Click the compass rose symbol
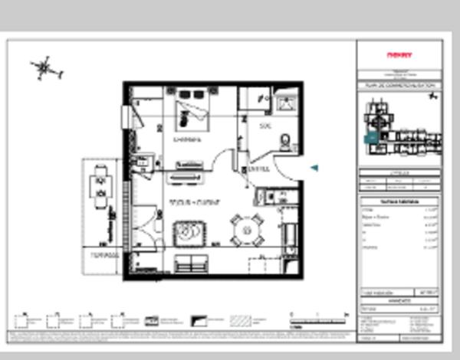[x=45, y=69]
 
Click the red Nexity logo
[x=399, y=55]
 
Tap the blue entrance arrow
[x=314, y=168]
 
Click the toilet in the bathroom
[x=285, y=142]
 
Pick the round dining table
[x=246, y=227]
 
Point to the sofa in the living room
[x=190, y=263]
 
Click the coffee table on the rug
[x=187, y=231]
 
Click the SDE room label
[x=265, y=126]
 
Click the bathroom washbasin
[x=287, y=104]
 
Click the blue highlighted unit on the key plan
[x=372, y=138]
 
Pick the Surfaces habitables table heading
[x=399, y=201]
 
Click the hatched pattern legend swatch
[x=241, y=320]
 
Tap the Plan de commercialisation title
[x=399, y=86]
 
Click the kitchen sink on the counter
[x=142, y=161]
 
